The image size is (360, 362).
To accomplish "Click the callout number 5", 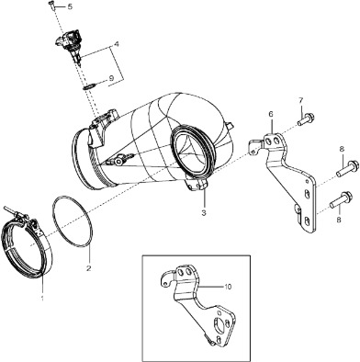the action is point(70,6).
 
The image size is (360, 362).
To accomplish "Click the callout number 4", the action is point(117,44).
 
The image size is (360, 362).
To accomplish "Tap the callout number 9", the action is point(111,78).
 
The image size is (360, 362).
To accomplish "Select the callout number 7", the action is point(300,100).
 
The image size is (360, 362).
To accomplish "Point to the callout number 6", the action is point(271,114).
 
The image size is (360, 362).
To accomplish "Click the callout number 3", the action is point(204,212).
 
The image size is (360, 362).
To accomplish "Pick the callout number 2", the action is point(89,268).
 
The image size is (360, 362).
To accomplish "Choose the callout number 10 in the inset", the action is point(228,287).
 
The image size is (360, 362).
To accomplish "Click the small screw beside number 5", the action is point(51,5).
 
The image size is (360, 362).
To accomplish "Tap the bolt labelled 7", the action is point(306,119).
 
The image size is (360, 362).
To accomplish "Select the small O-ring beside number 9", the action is point(88,87).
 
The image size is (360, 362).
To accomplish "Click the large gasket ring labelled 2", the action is point(73,221).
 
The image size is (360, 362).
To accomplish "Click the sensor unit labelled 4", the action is point(70,44).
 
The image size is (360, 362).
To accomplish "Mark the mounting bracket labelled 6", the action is point(283,181).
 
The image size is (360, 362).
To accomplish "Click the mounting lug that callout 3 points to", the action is point(197,186).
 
